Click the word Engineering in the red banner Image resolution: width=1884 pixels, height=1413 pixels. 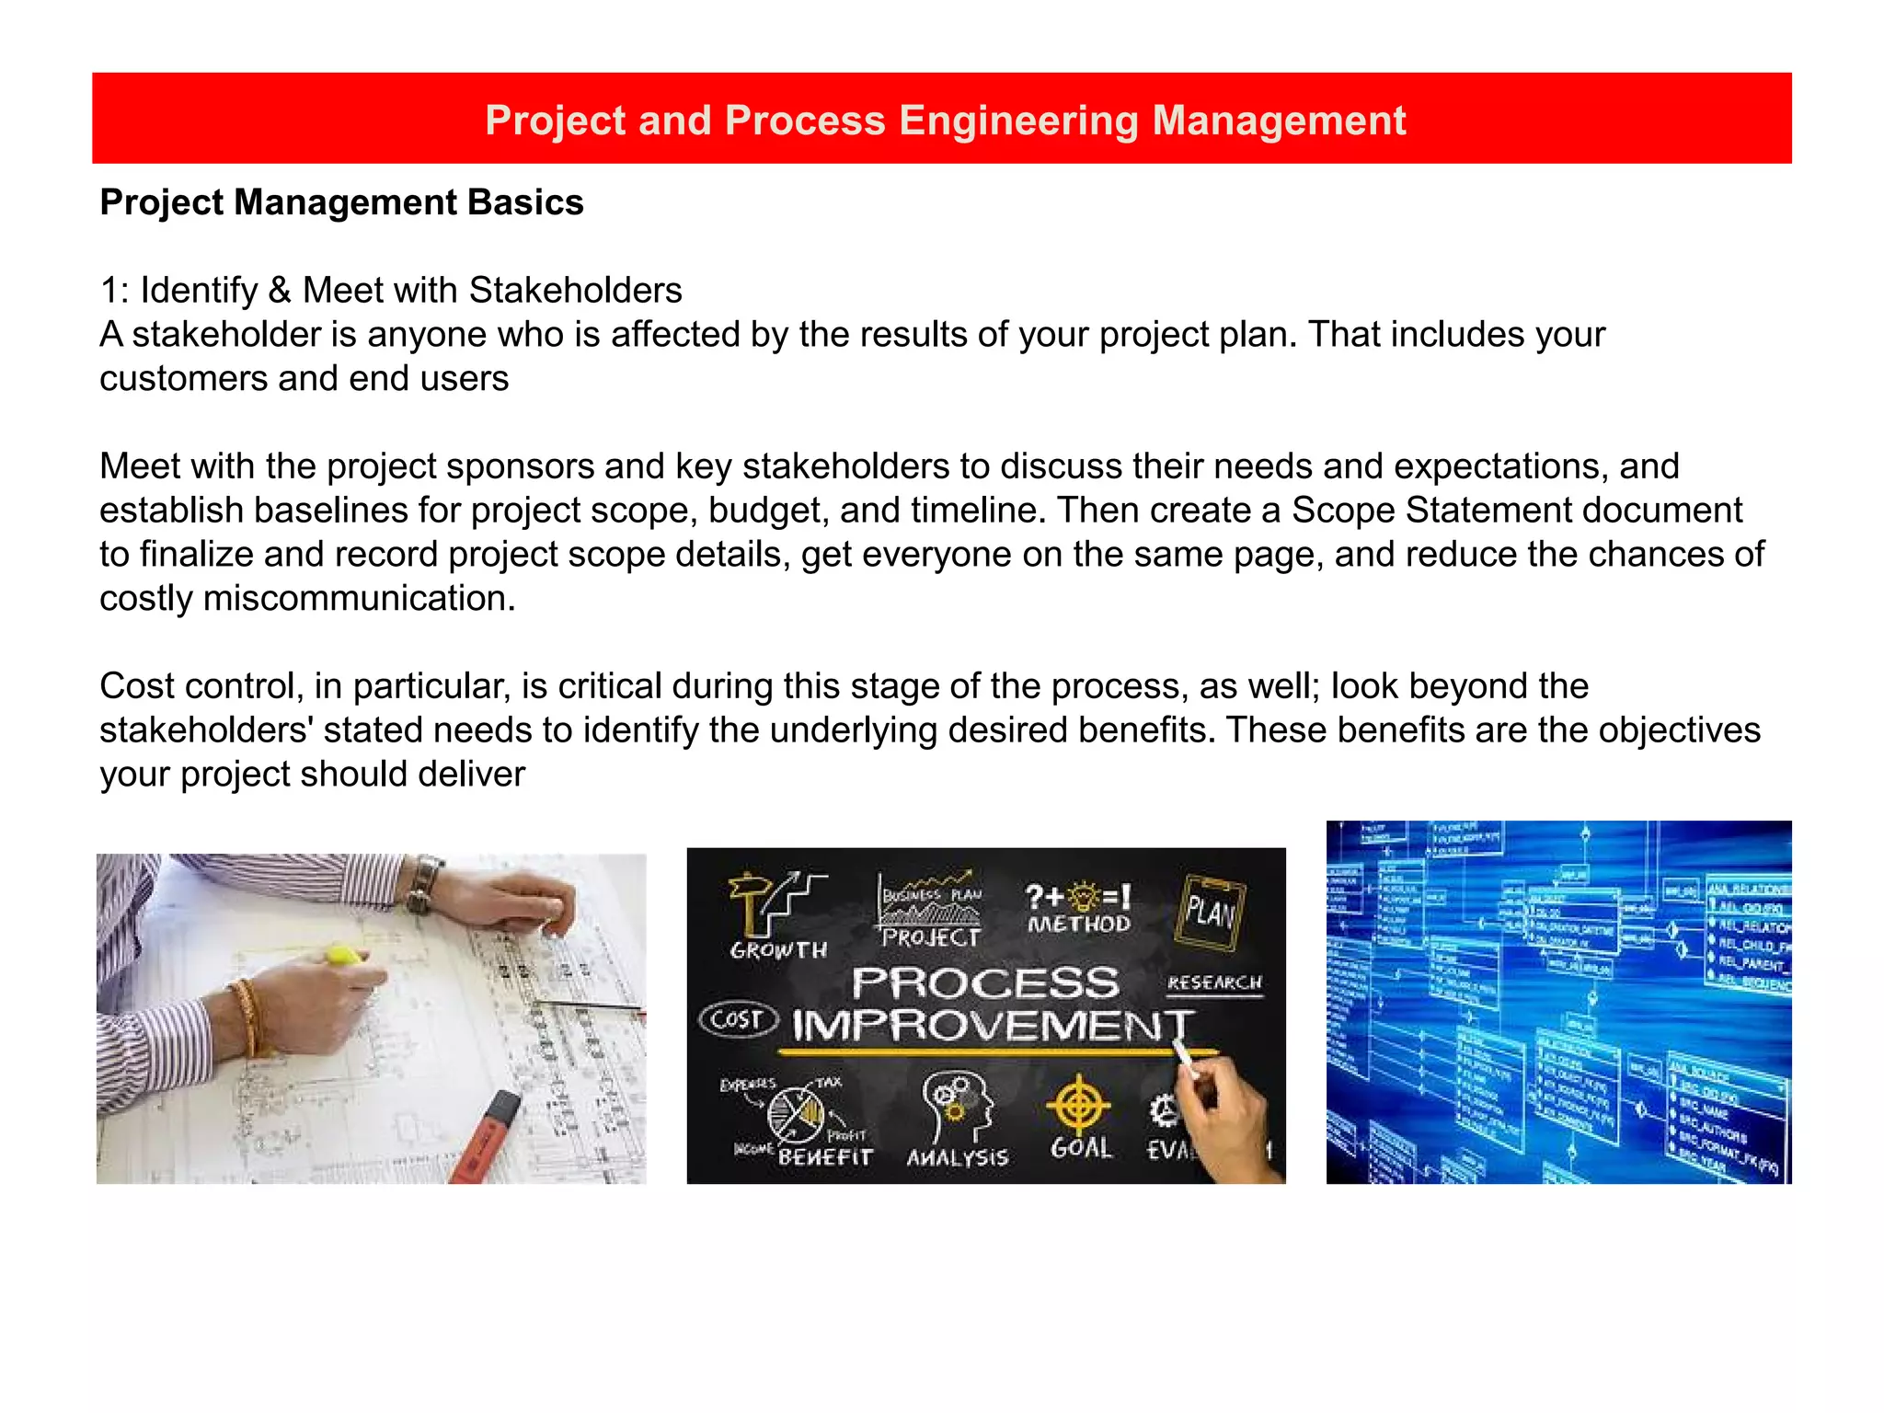pos(1018,121)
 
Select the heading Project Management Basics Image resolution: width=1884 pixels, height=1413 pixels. pos(341,202)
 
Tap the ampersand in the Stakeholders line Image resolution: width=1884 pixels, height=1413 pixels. pos(280,291)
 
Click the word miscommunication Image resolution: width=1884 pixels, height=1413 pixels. pos(359,599)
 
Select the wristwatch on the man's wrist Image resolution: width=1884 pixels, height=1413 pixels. pos(424,884)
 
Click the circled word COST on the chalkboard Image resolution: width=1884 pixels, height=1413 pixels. pos(738,1019)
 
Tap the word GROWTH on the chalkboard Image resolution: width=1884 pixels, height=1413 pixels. pos(778,950)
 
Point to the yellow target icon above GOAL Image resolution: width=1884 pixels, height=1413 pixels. pos(1079,1105)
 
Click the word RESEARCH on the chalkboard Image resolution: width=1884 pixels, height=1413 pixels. pos(1214,983)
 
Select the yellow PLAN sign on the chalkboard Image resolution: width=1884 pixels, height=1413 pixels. pos(1211,911)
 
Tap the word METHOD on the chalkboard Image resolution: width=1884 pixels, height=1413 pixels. pos(1079,924)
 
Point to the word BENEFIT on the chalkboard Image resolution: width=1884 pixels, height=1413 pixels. pos(824,1157)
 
